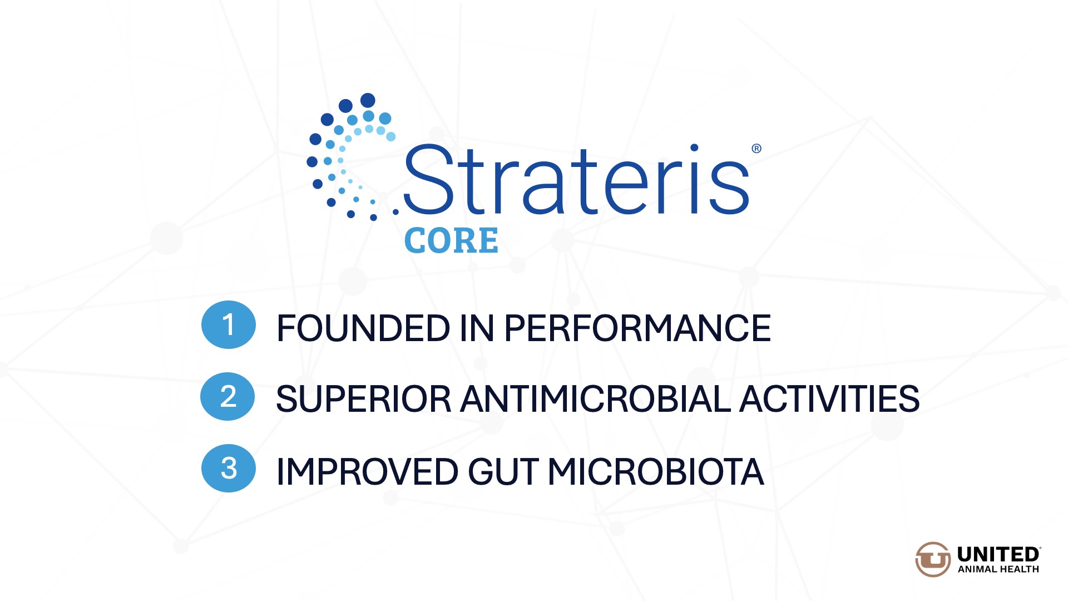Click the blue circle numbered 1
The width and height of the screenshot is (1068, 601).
click(x=229, y=325)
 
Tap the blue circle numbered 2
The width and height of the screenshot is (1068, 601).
click(x=228, y=396)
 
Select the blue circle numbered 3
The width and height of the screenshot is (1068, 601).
click(x=229, y=468)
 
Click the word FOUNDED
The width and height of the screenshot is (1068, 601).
click(x=363, y=328)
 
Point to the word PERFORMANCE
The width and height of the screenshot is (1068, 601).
click(x=637, y=328)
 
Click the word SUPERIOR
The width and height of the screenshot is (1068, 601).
click(x=363, y=399)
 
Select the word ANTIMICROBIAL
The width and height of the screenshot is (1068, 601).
click(x=596, y=399)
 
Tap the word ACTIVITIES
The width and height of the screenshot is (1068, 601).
click(x=830, y=399)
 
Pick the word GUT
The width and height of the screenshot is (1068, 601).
click(x=503, y=472)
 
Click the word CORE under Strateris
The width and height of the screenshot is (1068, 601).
click(x=451, y=240)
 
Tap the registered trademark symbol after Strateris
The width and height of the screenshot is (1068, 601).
click(x=756, y=149)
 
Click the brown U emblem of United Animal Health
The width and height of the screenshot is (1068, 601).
click(x=933, y=559)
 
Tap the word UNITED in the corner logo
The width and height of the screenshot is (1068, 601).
click(x=998, y=555)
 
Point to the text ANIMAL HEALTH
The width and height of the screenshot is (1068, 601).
click(x=998, y=569)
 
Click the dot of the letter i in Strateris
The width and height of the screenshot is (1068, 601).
click(x=694, y=148)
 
